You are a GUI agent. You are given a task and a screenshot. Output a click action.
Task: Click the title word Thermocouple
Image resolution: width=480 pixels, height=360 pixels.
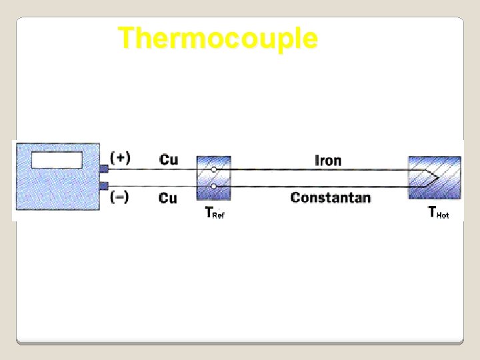pos(217,38)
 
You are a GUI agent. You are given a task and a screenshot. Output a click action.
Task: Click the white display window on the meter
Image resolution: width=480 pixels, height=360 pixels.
pos(57,160)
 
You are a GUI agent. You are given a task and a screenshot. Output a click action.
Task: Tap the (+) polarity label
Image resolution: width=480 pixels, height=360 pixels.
pos(120,157)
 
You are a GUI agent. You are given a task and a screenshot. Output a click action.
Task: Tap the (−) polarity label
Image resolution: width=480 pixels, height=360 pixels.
pos(120,197)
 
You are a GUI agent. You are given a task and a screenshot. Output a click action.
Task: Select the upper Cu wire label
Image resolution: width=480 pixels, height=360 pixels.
pos(169,159)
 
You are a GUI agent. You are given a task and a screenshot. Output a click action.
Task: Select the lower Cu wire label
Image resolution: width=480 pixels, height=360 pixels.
pos(168,198)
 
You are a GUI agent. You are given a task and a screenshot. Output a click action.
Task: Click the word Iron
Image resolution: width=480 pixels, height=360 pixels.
pos(327,160)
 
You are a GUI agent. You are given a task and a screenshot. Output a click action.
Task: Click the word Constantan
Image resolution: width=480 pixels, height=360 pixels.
pos(331,197)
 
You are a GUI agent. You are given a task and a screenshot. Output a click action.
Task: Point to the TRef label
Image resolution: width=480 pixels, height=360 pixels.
pos(214,213)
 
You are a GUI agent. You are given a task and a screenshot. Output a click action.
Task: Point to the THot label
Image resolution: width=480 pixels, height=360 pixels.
pos(438,213)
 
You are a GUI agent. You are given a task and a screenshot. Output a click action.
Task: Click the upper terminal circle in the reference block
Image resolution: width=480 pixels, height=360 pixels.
pos(213,169)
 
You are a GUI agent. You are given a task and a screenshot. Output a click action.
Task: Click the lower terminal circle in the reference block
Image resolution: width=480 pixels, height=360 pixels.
pos(213,186)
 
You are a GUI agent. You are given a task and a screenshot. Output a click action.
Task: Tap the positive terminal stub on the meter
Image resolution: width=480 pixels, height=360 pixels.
pos(103,169)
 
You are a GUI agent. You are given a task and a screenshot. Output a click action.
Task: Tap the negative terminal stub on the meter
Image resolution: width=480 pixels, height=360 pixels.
pos(103,185)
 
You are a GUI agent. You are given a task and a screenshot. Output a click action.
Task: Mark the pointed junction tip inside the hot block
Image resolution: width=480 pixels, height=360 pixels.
pos(437,178)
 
